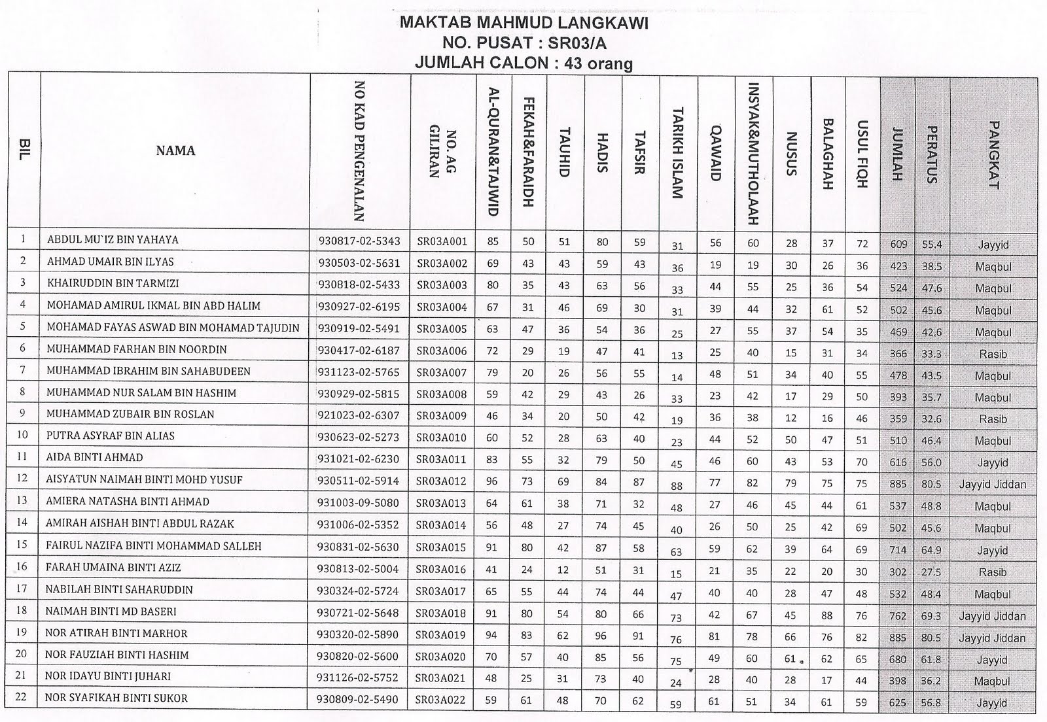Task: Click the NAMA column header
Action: (x=175, y=151)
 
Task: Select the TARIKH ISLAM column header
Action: (x=678, y=152)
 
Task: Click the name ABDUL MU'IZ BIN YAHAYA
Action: (x=113, y=240)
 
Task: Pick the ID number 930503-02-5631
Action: (x=359, y=263)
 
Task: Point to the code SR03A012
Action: (x=442, y=481)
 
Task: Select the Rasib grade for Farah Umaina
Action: (x=993, y=572)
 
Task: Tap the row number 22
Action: (x=21, y=697)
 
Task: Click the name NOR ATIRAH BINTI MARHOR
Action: (x=116, y=634)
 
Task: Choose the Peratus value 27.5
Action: (x=931, y=572)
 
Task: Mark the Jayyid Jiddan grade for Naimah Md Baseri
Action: (x=992, y=616)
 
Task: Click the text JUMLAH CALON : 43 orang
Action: (x=523, y=63)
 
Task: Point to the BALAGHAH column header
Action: (x=828, y=154)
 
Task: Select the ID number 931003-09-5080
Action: (x=359, y=503)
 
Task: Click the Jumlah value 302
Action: (x=898, y=572)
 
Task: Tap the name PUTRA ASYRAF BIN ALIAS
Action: (x=111, y=436)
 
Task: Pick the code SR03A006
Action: (x=442, y=351)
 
